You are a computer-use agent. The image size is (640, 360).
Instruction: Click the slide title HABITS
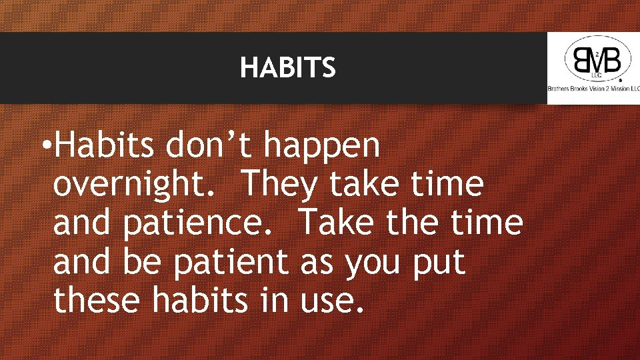coord(288,67)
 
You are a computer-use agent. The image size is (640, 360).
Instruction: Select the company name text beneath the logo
coord(593,89)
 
